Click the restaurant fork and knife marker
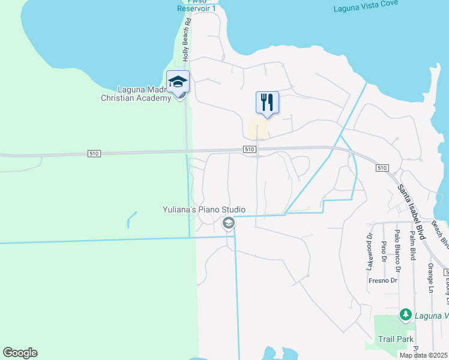267,103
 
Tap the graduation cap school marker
178,82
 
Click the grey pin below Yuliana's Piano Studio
228,224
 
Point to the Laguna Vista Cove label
367,8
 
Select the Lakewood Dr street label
370,251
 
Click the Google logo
20,353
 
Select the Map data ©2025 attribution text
423,355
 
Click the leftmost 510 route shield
94,154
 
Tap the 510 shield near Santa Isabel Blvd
383,168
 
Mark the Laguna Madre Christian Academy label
136,94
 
